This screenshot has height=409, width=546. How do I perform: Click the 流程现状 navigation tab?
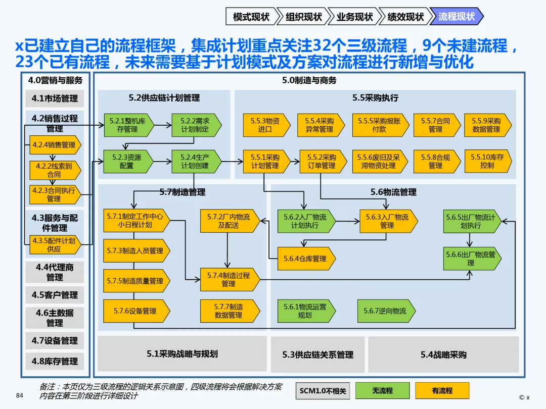pyautogui.click(x=457, y=17)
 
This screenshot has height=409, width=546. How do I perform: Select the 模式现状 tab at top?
pyautogui.click(x=251, y=17)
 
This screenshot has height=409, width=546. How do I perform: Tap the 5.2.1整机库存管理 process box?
pyautogui.click(x=123, y=125)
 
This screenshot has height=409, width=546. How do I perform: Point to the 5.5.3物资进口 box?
pyautogui.click(x=264, y=125)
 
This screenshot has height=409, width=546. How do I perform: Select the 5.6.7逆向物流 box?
pyautogui.click(x=384, y=311)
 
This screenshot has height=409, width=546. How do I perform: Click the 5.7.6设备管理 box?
pyautogui.click(x=134, y=311)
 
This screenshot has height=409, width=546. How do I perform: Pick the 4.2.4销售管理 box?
pyautogui.click(x=54, y=145)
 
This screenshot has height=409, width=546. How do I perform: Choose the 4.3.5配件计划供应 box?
pyautogui.click(x=54, y=245)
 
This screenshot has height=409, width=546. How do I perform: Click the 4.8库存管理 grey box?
pyautogui.click(x=55, y=361)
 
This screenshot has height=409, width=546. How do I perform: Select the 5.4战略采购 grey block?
pyautogui.click(x=443, y=354)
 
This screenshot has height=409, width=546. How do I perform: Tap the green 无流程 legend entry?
pyautogui.click(x=382, y=390)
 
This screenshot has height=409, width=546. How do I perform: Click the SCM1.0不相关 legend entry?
pyautogui.click(x=323, y=390)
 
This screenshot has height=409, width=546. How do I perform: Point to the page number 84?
pyautogui.click(x=20, y=395)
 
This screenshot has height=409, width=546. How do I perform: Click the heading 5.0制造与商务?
pyautogui.click(x=309, y=80)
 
